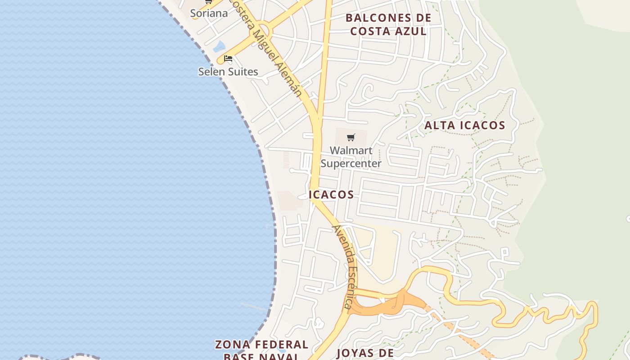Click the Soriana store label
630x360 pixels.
209,13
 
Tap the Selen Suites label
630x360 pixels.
228,72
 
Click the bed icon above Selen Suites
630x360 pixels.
228,58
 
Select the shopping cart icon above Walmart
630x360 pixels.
351,137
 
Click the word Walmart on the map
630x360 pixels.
351,150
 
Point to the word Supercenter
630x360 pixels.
351,163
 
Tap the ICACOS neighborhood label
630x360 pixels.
332,195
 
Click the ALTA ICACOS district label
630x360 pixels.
465,126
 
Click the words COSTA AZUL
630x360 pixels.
388,31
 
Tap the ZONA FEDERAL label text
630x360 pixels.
261,345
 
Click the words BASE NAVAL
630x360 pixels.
261,356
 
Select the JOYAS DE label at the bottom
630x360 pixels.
365,353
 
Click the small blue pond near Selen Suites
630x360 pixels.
219,46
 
